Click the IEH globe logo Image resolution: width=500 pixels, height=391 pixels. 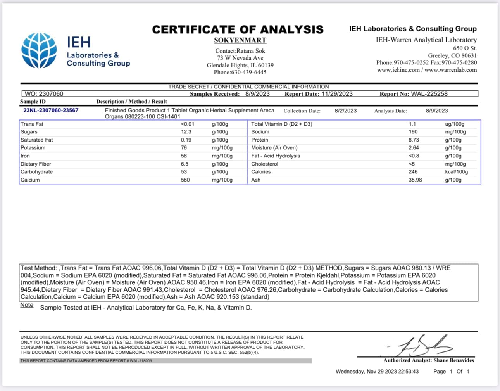click(x=39, y=51)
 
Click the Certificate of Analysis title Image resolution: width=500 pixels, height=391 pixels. click(x=238, y=30)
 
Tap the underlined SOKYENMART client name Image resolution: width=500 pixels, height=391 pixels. click(x=240, y=40)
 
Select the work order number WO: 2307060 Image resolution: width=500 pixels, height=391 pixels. click(x=44, y=94)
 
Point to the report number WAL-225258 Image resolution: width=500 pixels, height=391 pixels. click(x=429, y=94)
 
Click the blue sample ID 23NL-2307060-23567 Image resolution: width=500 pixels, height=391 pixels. click(x=51, y=111)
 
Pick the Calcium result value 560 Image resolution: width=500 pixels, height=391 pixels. click(x=185, y=180)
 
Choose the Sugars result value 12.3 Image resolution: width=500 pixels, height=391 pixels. click(x=186, y=132)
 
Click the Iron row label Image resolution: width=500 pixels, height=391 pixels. click(x=25, y=156)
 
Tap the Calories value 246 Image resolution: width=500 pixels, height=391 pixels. click(x=413, y=172)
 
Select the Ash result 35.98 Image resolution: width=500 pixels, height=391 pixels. click(x=415, y=180)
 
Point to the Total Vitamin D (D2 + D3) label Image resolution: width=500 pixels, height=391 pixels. click(x=281, y=124)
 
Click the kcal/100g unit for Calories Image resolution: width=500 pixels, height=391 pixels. click(x=456, y=172)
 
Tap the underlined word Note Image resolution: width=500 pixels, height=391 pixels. click(x=27, y=305)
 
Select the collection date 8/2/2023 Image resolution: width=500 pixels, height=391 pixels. click(x=345, y=111)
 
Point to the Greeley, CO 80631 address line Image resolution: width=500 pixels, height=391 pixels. click(x=452, y=55)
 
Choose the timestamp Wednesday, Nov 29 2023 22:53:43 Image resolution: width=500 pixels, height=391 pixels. click(x=377, y=372)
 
